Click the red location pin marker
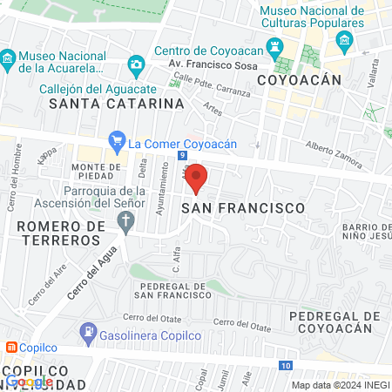click(197, 178)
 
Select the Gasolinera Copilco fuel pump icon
click(88, 332)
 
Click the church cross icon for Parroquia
click(126, 221)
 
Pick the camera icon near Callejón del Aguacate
click(136, 64)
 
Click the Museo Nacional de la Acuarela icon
click(8, 61)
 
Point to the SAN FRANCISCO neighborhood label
click(243, 208)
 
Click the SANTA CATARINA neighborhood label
click(117, 104)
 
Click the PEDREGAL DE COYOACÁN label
click(335, 321)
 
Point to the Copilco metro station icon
click(10, 347)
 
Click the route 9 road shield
click(182, 155)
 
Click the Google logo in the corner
click(30, 381)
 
